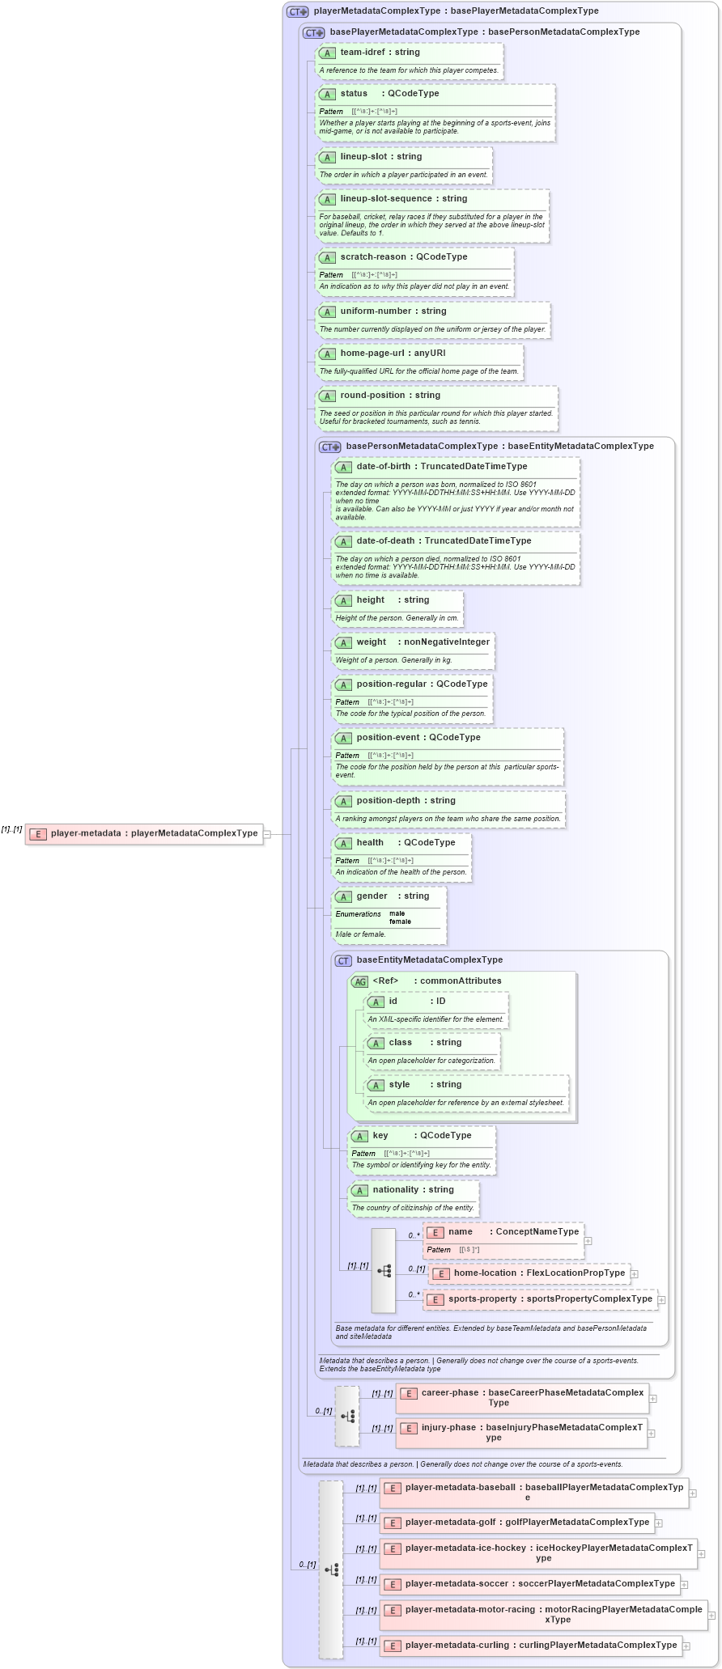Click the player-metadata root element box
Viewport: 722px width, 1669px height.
pyautogui.click(x=144, y=833)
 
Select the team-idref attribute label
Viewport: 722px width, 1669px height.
pyautogui.click(x=362, y=53)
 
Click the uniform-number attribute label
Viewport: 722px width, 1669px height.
pyautogui.click(x=376, y=311)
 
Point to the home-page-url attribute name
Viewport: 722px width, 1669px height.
pyautogui.click(x=372, y=354)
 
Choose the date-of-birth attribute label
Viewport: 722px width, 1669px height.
pyautogui.click(x=383, y=467)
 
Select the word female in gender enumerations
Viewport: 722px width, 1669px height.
pyautogui.click(x=400, y=921)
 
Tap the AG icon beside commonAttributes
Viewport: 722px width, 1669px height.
pyautogui.click(x=359, y=981)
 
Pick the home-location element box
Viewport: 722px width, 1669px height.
pyautogui.click(x=529, y=1273)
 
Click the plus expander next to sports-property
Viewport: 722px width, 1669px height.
pyautogui.click(x=662, y=1299)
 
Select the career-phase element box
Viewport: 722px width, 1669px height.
pyautogui.click(x=522, y=1397)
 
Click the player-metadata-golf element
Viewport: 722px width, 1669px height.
pyautogui.click(x=518, y=1523)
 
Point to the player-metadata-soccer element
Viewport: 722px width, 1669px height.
pyautogui.click(x=530, y=1584)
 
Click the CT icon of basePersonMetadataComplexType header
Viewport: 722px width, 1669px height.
pyautogui.click(x=329, y=447)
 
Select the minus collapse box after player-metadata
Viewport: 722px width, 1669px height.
pyautogui.click(x=267, y=834)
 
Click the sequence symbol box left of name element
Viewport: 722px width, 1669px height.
pyautogui.click(x=384, y=1270)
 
